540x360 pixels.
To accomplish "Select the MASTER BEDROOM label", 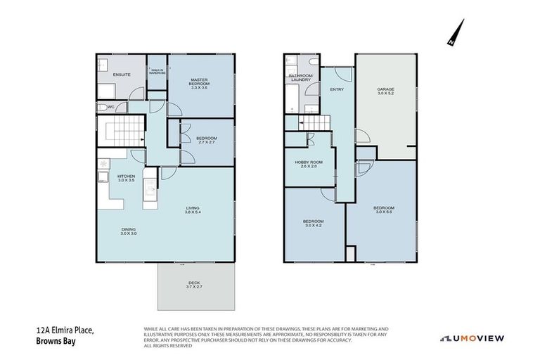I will pyautogui.click(x=200, y=85).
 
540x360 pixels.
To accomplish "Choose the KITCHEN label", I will pyautogui.click(x=126, y=178).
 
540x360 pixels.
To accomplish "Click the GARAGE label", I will pyautogui.click(x=385, y=91).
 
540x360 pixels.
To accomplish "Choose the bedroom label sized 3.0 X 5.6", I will pyautogui.click(x=384, y=210).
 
